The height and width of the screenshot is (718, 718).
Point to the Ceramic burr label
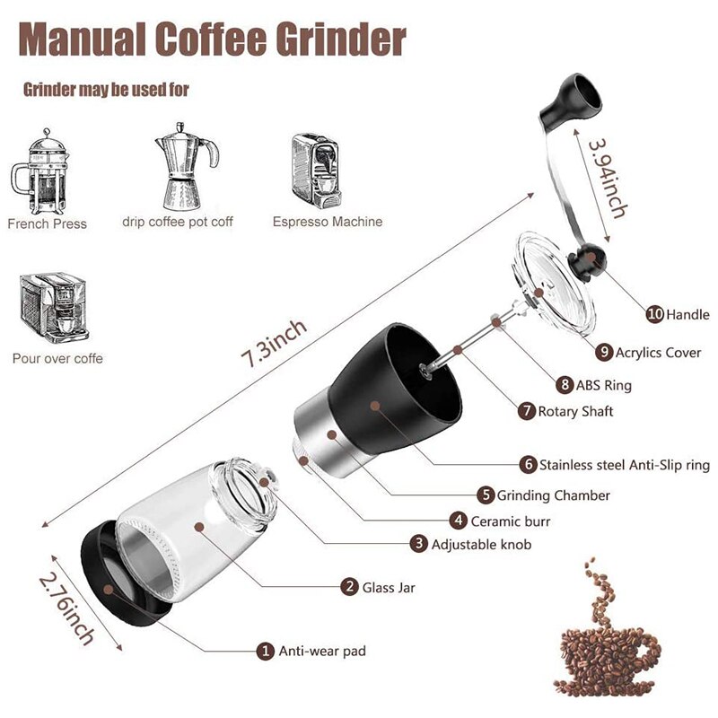[x=512, y=521]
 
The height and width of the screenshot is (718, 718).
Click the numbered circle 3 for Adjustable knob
[x=418, y=544]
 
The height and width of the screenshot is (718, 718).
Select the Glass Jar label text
[x=389, y=588]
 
